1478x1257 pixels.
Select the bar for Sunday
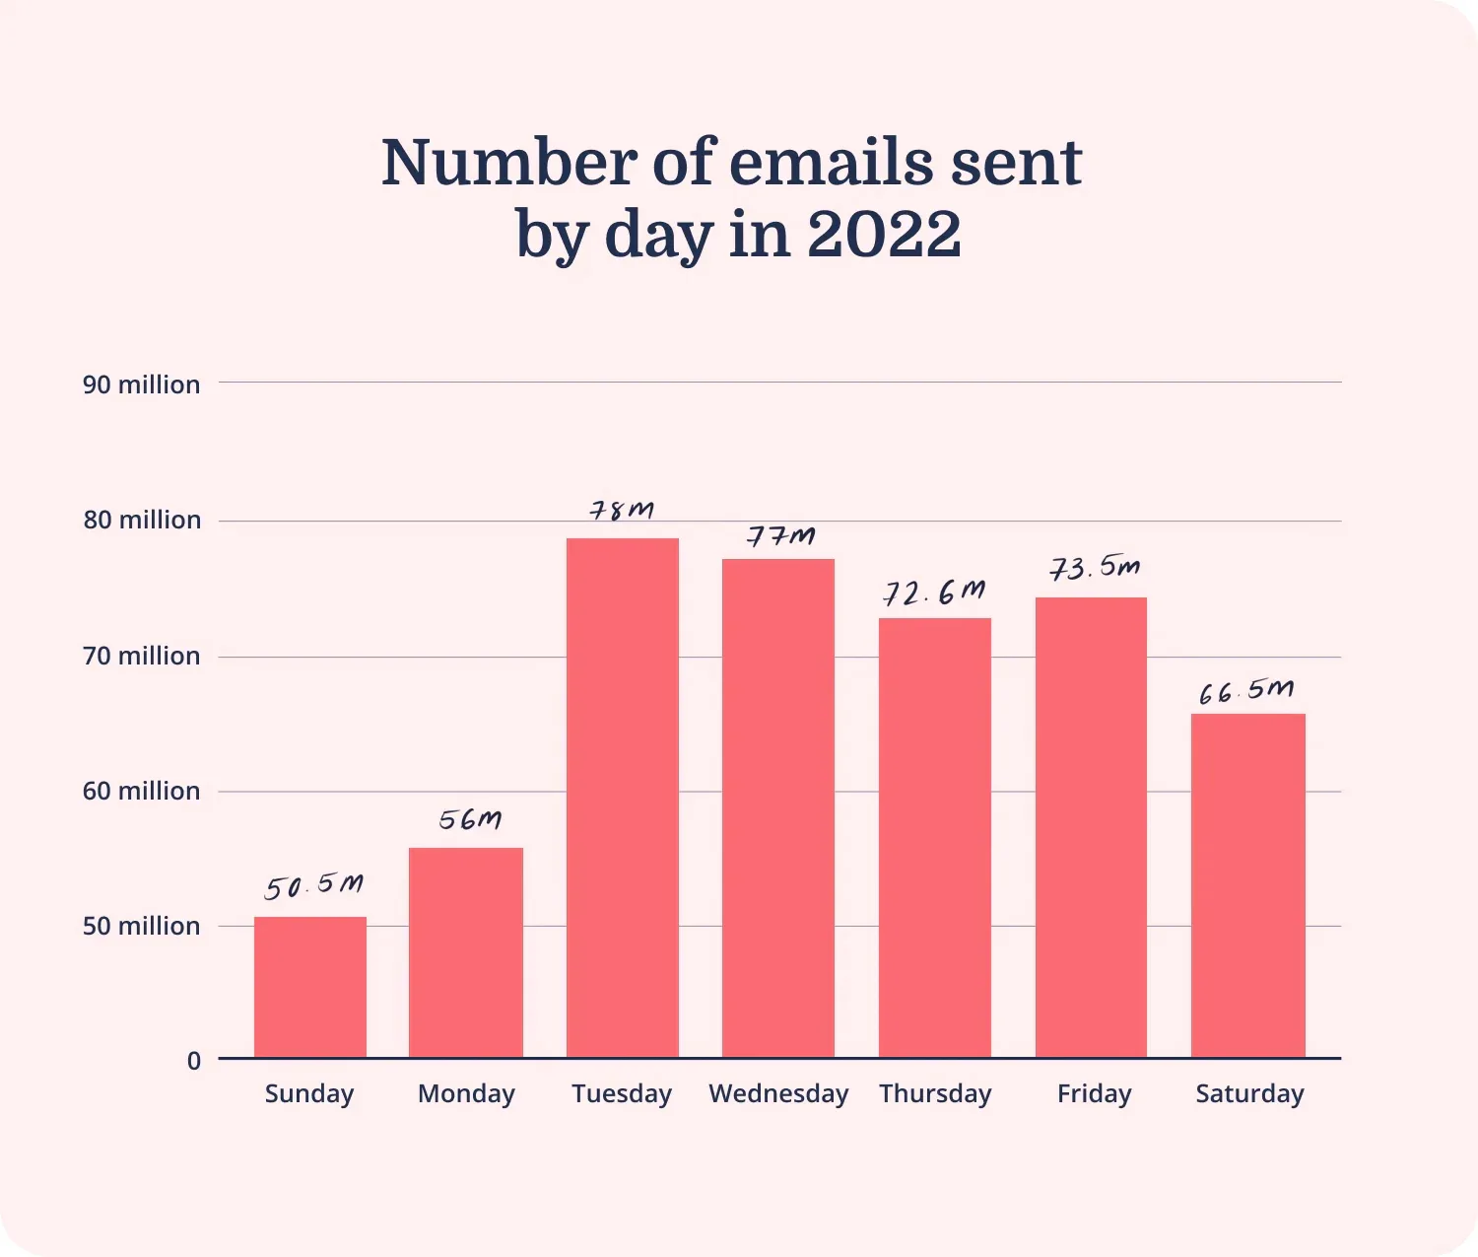pos(310,987)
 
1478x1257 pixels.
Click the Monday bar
pos(466,952)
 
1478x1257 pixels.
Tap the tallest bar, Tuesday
pos(623,798)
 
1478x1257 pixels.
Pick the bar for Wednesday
pos(778,808)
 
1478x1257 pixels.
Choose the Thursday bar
pos(935,838)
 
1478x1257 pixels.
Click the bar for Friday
pos(1091,827)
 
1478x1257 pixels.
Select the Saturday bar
pos(1247,885)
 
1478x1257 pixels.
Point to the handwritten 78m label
pos(622,511)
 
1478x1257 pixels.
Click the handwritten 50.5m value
pos(313,886)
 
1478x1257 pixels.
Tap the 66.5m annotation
pos(1246,691)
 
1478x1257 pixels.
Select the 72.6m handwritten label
pos(934,594)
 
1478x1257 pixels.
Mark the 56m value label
pos(470,820)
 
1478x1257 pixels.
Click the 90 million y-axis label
pos(141,384)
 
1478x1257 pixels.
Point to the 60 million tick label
pos(141,791)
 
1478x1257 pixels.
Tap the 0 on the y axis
pos(194,1061)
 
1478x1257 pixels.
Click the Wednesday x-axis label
pos(778,1093)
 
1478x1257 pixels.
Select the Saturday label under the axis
pos(1249,1093)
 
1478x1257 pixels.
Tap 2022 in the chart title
pos(884,235)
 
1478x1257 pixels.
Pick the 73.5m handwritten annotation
pos(1095,569)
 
